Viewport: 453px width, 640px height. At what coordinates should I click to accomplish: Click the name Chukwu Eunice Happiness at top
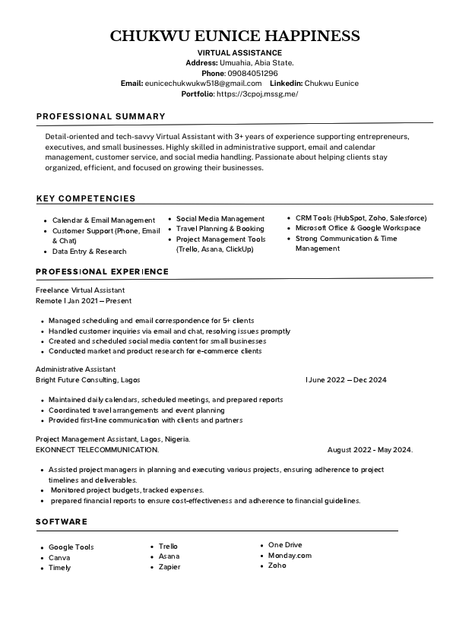pyautogui.click(x=234, y=36)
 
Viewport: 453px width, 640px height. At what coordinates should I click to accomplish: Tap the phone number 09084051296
pyautogui.click(x=252, y=73)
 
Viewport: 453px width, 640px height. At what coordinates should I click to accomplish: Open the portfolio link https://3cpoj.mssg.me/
pyautogui.click(x=257, y=93)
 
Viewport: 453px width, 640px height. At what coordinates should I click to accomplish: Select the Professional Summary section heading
pyautogui.click(x=100, y=116)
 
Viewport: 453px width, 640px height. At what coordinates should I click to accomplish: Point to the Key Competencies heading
pyautogui.click(x=86, y=198)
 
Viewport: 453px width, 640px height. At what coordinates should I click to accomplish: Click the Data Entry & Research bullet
pyautogui.click(x=89, y=251)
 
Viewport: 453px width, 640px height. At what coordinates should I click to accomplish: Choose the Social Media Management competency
pyautogui.click(x=220, y=218)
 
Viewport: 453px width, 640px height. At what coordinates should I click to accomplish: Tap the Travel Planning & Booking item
pyautogui.click(x=220, y=228)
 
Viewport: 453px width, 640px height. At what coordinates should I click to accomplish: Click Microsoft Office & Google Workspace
pyautogui.click(x=357, y=228)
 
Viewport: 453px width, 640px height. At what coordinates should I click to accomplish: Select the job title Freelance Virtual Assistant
pyautogui.click(x=81, y=290)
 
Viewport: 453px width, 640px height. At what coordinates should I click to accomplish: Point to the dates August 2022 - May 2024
pyautogui.click(x=369, y=450)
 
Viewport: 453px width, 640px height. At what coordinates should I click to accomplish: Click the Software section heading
pyautogui.click(x=62, y=521)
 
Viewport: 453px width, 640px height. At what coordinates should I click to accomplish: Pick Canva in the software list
pyautogui.click(x=59, y=557)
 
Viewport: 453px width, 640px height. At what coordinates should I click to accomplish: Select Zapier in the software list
pyautogui.click(x=169, y=567)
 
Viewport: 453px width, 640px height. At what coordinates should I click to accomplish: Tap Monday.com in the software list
pyautogui.click(x=290, y=556)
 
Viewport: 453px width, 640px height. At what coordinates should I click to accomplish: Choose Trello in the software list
pyautogui.click(x=168, y=546)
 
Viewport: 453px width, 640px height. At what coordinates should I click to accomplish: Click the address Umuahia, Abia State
pyautogui.click(x=257, y=62)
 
